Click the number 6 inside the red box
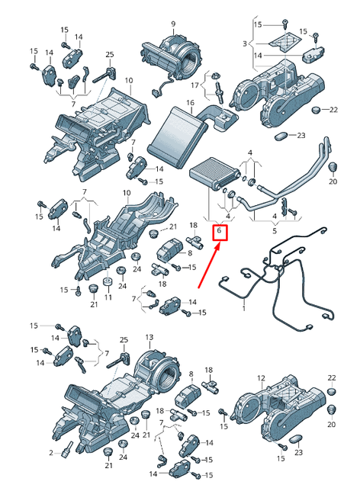[x=219, y=230]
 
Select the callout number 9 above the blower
[x=173, y=24]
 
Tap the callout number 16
[x=190, y=102]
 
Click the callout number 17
[x=194, y=85]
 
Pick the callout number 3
[x=245, y=43]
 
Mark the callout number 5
[x=275, y=231]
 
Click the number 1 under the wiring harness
[x=244, y=308]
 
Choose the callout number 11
[x=108, y=297]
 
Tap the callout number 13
[x=149, y=337]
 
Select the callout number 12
[x=261, y=378]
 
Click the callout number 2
[x=51, y=453]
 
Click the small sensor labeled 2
[x=67, y=450]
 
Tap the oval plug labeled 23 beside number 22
[x=281, y=136]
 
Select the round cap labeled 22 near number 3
[x=316, y=110]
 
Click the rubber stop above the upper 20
[x=333, y=167]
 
